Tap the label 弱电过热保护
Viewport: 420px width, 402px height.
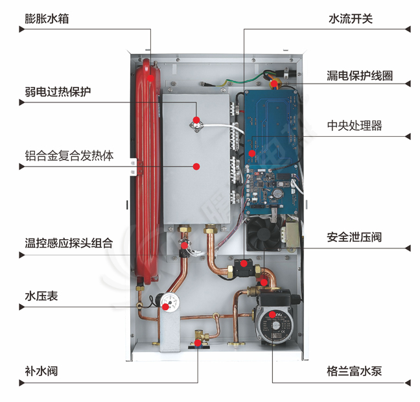(x=58, y=91)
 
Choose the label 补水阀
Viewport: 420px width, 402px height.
(x=41, y=372)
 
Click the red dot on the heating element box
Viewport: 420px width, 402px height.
(x=195, y=167)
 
